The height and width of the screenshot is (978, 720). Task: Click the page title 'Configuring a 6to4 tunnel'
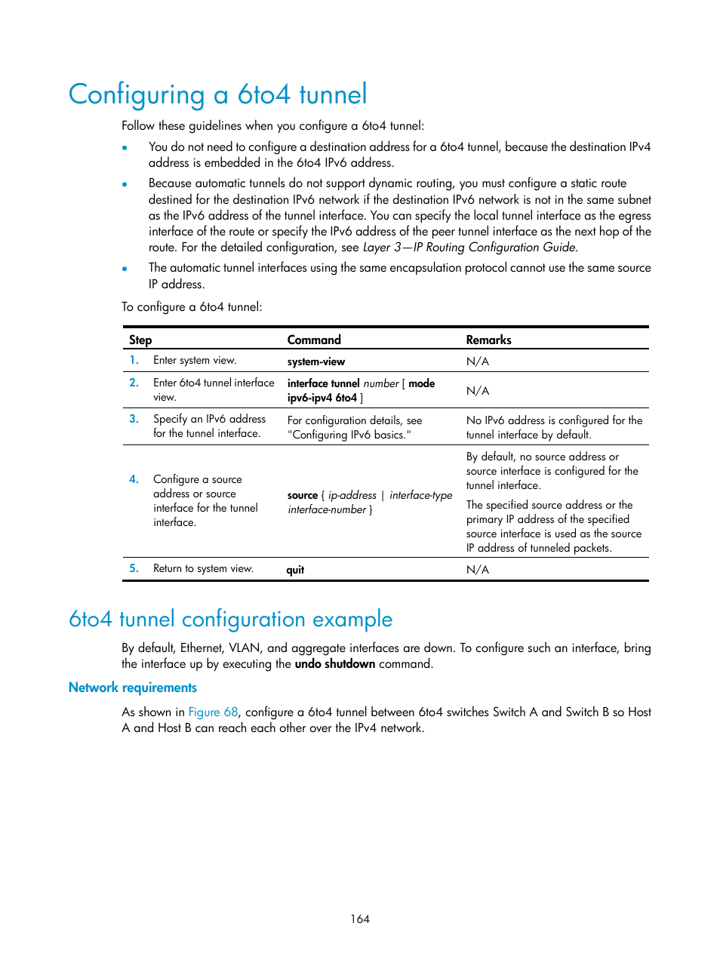click(217, 95)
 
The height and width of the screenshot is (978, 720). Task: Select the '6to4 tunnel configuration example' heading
click(230, 620)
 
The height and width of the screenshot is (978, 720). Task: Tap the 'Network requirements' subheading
click(133, 687)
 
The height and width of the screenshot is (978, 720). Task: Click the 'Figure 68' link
click(213, 712)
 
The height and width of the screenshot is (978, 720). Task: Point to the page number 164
click(360, 919)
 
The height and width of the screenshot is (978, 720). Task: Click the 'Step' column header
click(140, 340)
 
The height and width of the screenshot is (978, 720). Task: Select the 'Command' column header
click(314, 340)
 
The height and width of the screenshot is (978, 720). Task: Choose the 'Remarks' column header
click(488, 340)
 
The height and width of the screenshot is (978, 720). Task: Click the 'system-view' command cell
click(316, 361)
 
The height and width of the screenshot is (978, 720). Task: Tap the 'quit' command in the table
click(295, 570)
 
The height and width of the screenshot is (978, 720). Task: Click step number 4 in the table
click(134, 479)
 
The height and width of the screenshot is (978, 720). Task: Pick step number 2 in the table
click(134, 383)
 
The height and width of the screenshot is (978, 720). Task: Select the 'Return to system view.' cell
click(203, 569)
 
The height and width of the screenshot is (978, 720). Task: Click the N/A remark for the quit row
click(477, 570)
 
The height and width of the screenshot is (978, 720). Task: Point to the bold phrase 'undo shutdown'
click(334, 664)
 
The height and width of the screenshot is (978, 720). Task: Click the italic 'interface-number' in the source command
click(327, 510)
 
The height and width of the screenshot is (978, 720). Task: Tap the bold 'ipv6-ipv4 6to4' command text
click(322, 398)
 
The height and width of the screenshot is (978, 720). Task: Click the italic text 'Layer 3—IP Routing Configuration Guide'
click(469, 248)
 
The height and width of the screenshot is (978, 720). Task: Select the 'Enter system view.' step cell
click(195, 361)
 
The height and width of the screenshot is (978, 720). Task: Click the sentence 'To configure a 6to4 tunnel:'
click(192, 307)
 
